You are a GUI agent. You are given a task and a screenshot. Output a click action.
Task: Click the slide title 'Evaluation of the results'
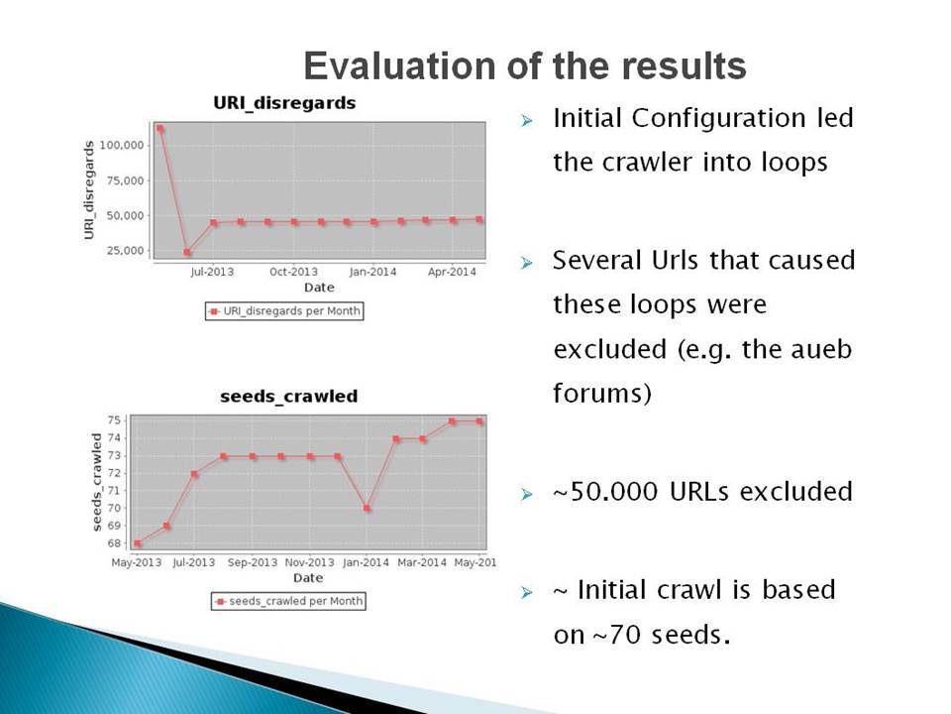point(525,65)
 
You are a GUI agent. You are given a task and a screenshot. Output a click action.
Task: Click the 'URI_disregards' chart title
point(284,103)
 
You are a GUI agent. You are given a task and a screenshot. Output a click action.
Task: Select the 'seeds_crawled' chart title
point(288,397)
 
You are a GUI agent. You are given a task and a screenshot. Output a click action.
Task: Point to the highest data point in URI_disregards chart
point(160,129)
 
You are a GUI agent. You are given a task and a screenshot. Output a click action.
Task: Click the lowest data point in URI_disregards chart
point(187,253)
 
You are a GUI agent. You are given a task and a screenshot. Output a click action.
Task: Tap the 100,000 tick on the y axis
point(122,145)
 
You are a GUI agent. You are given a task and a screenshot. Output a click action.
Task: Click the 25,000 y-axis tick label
point(125,250)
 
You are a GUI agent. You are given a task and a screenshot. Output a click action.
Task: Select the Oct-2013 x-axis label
point(293,272)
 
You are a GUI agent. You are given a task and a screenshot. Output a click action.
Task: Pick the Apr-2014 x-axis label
point(452,272)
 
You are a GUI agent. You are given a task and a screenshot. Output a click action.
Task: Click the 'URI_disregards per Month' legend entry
point(284,310)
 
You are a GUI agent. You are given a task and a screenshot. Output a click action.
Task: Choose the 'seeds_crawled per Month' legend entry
point(288,601)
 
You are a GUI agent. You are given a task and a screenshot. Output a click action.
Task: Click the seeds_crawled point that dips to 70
point(367,508)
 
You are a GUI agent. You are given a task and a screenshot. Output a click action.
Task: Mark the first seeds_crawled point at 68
point(139,543)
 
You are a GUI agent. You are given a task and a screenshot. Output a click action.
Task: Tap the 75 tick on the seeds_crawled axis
point(115,420)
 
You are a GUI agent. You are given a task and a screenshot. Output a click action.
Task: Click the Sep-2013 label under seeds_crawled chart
point(253,563)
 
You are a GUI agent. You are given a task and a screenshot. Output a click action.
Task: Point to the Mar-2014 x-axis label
point(422,563)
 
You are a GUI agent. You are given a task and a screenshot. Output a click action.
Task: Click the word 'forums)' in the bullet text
point(602,393)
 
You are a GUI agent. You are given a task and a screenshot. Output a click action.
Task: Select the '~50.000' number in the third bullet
point(605,491)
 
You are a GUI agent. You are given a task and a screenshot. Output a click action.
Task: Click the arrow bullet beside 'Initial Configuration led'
point(526,121)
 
